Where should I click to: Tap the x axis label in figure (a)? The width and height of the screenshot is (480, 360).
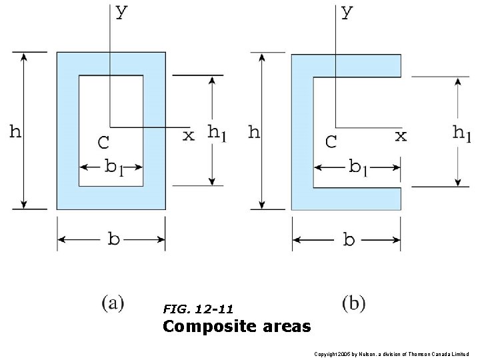tap(189, 135)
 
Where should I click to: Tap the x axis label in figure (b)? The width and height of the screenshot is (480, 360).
tap(401, 136)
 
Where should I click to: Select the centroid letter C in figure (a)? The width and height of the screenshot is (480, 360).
tap(103, 142)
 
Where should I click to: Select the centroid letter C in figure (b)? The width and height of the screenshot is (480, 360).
tap(331, 142)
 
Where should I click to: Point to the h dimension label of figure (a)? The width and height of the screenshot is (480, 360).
tap(15, 131)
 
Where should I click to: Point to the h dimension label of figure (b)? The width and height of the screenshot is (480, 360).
tap(254, 131)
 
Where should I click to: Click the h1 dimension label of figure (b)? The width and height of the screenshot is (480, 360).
tap(461, 133)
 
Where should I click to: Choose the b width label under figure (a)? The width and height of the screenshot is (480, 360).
tap(113, 239)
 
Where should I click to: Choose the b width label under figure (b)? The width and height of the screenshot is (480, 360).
tap(349, 240)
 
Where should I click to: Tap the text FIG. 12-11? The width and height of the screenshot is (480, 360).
tap(198, 309)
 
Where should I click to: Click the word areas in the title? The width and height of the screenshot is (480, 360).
tap(287, 327)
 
